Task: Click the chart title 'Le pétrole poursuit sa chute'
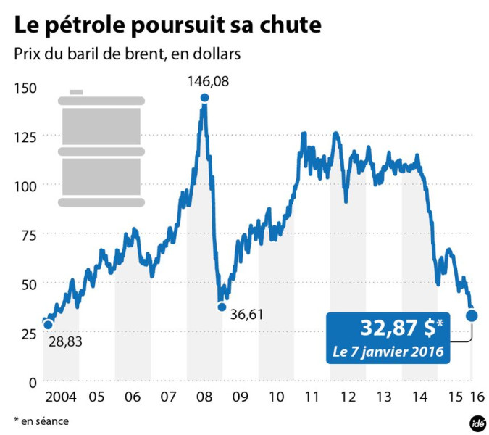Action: click(167, 26)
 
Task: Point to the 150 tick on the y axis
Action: click(25, 88)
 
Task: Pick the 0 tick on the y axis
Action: click(33, 381)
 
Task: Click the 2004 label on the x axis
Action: click(61, 397)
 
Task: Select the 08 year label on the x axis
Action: click(204, 397)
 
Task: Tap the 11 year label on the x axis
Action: click(312, 397)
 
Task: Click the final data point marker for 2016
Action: click(472, 315)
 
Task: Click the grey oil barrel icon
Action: click(100, 149)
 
